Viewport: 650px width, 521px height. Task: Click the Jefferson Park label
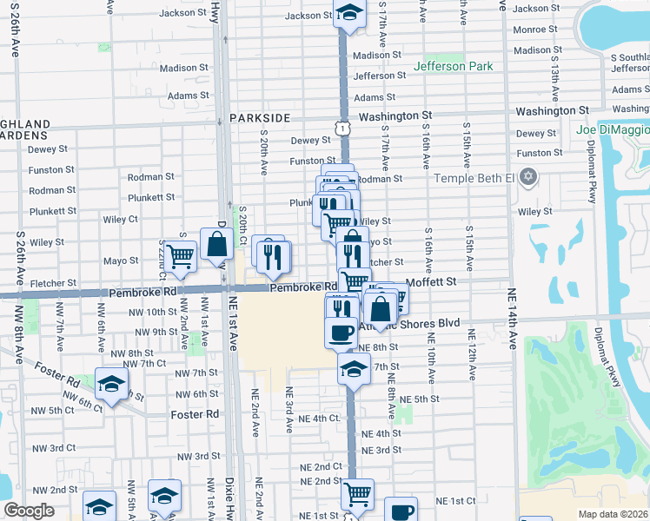coord(453,66)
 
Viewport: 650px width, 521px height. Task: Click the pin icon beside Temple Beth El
coord(528,178)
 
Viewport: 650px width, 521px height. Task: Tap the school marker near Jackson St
coord(348,14)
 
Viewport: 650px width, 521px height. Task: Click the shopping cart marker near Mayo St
coord(181,255)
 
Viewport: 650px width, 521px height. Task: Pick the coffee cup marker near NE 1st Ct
coord(401,511)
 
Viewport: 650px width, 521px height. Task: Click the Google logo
coord(30,511)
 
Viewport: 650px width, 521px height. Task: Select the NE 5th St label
coord(420,399)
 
